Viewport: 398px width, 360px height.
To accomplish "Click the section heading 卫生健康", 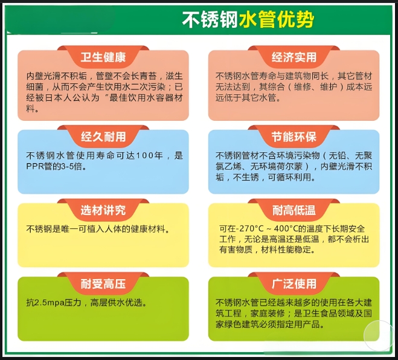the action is pos(103,57).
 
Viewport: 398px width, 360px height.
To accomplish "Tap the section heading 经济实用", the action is pos(294,57).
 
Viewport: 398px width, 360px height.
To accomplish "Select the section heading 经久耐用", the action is pos(103,137).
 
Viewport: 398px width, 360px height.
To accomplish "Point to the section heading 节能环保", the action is pos(294,137).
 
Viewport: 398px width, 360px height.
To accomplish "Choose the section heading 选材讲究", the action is pos(103,210).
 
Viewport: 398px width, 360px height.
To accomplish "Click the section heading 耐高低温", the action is pos(294,210).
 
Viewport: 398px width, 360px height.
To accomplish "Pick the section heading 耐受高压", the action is pos(103,283).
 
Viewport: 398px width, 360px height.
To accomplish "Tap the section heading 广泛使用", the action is pos(294,283).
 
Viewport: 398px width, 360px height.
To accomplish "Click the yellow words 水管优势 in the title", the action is pos(277,19).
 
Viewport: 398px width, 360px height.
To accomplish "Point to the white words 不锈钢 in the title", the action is pos(210,19).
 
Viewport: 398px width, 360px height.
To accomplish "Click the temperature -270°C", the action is pos(250,229).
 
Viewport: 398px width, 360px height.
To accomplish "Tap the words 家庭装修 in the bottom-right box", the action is pos(268,313).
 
